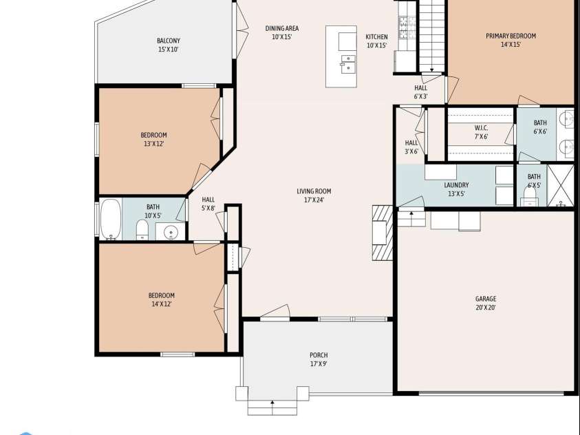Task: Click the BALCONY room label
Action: tap(169, 45)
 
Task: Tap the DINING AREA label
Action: tap(282, 32)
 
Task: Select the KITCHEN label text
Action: tap(376, 41)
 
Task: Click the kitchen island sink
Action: tap(348, 64)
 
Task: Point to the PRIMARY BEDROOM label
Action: tap(511, 40)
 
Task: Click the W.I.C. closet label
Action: tap(481, 132)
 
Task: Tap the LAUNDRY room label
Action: tap(456, 189)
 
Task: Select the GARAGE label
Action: tap(486, 303)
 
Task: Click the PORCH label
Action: tap(319, 359)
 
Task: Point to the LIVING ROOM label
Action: tap(314, 195)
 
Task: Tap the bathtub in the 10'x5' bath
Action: tap(110, 219)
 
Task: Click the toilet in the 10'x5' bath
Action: tap(142, 229)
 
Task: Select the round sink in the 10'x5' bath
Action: tap(169, 233)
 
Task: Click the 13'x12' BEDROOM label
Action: tap(153, 139)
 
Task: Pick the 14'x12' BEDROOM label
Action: tap(162, 299)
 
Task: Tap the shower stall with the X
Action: tap(561, 185)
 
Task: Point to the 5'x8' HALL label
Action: tap(208, 204)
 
